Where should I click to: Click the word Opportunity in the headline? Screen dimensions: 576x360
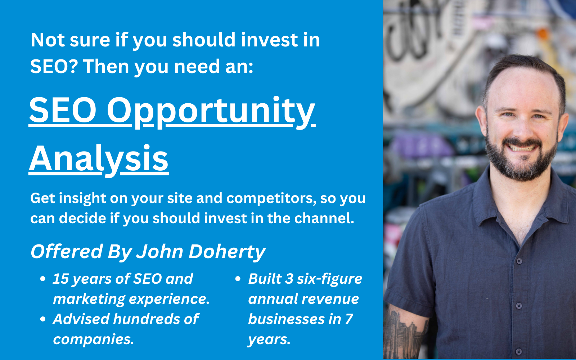tap(211, 112)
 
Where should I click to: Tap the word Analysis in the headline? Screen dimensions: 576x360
tap(99, 160)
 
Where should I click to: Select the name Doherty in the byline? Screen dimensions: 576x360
tap(227, 252)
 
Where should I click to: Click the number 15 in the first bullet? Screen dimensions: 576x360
tap(60, 279)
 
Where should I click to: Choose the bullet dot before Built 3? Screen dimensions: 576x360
tap(238, 279)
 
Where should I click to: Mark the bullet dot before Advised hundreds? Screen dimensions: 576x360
tap(43, 319)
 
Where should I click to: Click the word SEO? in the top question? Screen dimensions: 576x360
tap(54, 66)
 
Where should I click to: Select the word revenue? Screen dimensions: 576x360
tap(330, 299)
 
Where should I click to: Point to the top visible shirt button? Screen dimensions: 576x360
tap(519, 261)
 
